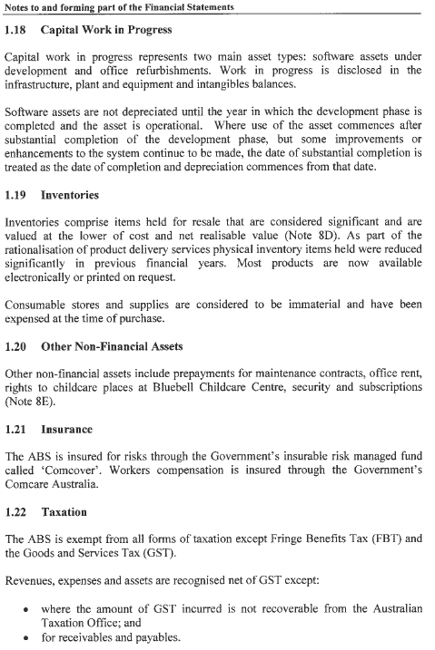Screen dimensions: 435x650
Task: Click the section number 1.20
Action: tap(17, 346)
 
